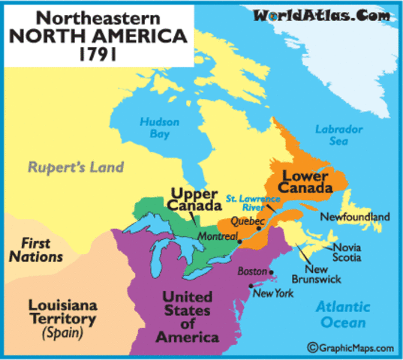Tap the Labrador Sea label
[339, 134]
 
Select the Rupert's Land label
[76, 166]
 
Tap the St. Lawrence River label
[253, 203]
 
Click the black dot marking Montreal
[239, 241]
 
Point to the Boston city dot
[272, 273]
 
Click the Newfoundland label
[355, 217]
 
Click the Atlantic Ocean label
[342, 314]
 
